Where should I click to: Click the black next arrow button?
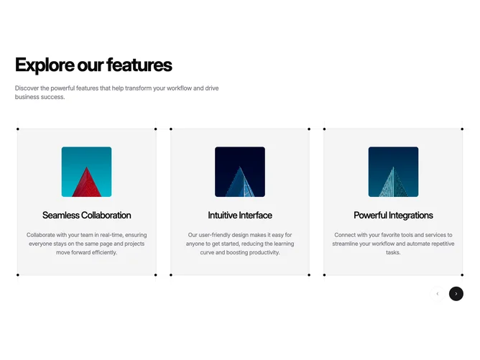pos(456,294)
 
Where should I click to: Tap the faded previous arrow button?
pos(438,294)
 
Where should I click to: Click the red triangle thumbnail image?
pos(87,172)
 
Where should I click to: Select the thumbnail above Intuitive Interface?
pos(240,172)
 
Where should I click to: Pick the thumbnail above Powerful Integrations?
pos(393,172)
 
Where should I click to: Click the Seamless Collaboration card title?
pos(87,215)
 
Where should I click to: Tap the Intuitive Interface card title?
pos(240,215)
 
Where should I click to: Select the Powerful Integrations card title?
pos(393,216)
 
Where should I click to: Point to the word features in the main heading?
pos(139,65)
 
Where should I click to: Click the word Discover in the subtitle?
pos(27,88)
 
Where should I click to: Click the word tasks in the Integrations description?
pos(393,252)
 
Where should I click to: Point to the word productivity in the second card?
pos(264,252)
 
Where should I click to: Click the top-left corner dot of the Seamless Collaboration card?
pos(18,129)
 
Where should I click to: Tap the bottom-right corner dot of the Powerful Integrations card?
pos(462,275)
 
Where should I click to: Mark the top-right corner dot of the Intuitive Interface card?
pos(309,129)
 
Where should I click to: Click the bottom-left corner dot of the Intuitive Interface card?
pos(171,275)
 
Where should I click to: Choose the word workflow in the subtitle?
pos(179,88)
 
